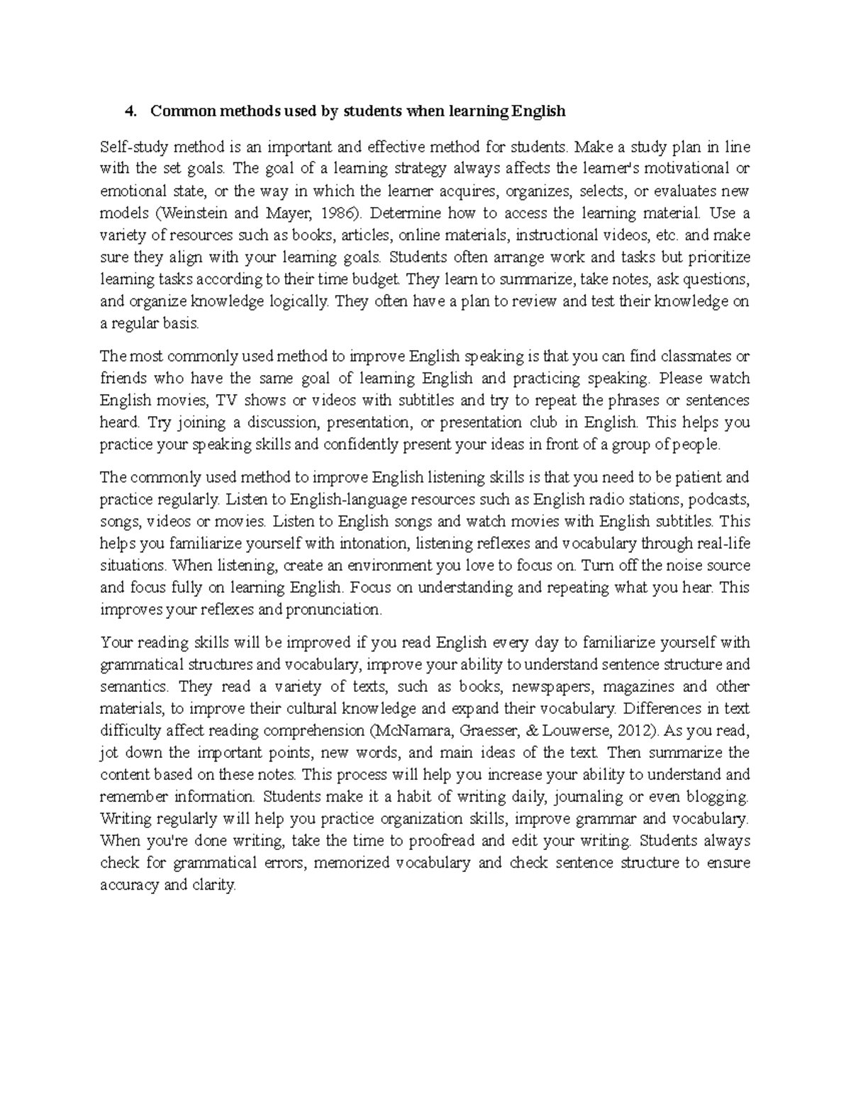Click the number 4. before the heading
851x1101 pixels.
click(129, 111)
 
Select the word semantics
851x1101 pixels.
click(134, 686)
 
